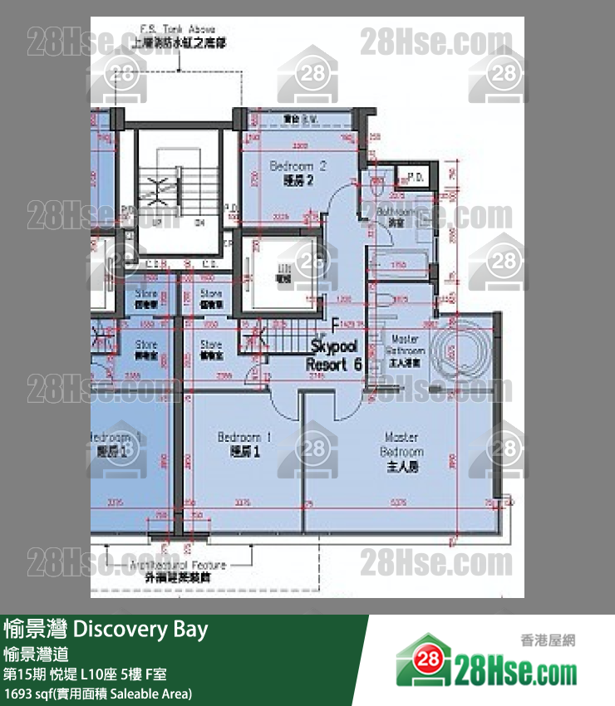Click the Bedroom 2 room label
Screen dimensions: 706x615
298,173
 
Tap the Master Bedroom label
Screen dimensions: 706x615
402,452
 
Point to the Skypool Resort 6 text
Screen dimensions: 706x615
335,355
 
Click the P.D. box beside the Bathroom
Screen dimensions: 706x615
411,178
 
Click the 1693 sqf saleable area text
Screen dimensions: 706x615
98,693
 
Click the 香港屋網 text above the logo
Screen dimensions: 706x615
547,641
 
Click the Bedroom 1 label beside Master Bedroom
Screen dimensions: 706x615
239,444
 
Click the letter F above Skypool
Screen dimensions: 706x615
335,324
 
